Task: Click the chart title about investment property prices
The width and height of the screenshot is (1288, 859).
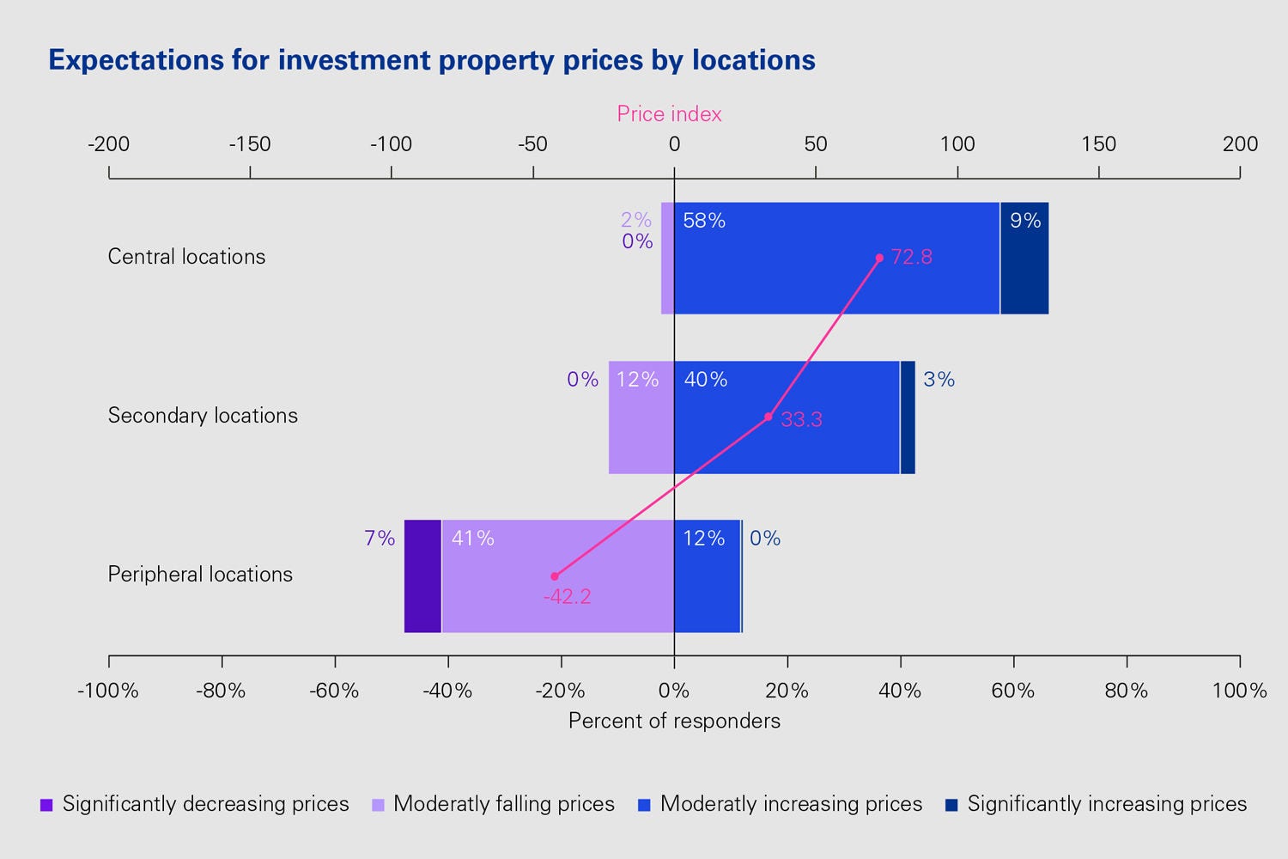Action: [x=432, y=60]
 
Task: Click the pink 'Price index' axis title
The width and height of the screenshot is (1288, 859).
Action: [x=669, y=113]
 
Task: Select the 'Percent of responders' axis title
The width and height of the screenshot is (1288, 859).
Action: [x=674, y=720]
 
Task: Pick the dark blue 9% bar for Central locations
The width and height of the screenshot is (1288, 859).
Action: [x=1024, y=266]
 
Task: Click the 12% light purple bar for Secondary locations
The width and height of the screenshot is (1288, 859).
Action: [x=641, y=429]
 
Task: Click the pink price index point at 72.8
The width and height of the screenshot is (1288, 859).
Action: [x=879, y=258]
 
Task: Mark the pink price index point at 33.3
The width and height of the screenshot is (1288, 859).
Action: [x=769, y=417]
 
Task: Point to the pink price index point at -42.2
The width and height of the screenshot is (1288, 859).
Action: [x=555, y=576]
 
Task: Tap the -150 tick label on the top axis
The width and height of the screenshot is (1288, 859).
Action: [x=250, y=143]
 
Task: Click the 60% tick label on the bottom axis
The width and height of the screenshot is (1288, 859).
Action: [x=1013, y=690]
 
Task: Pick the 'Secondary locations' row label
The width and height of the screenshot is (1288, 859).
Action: [x=203, y=415]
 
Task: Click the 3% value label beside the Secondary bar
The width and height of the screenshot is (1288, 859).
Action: [x=939, y=379]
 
